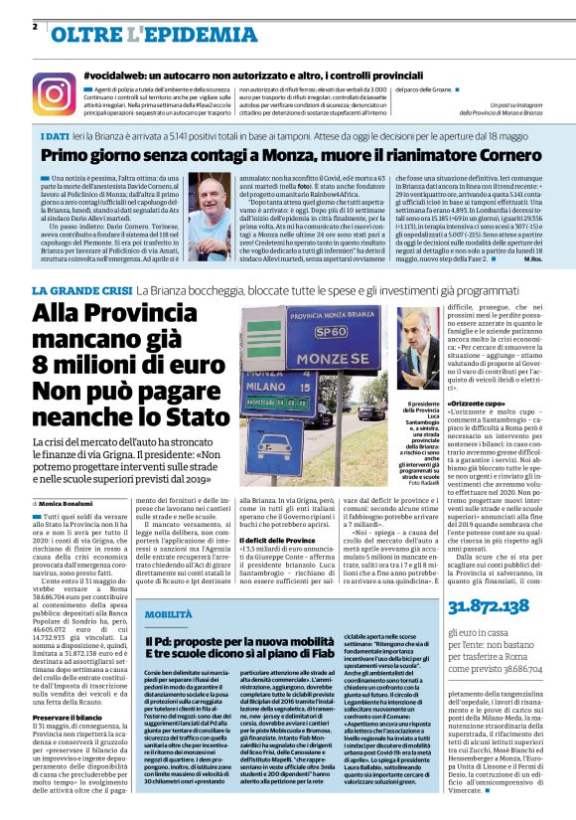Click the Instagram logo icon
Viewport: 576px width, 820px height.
point(54,93)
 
